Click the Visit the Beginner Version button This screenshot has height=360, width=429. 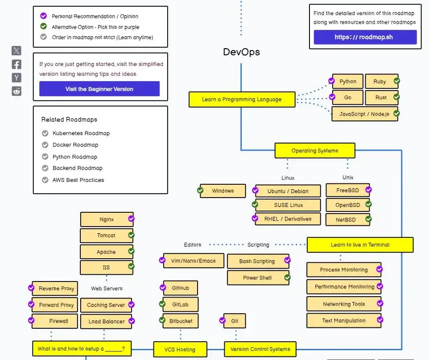coord(99,89)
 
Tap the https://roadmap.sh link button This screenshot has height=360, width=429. coord(365,37)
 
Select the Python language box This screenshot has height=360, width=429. coord(348,82)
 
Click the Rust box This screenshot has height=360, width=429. coord(381,97)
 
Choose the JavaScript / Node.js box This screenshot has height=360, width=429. coord(364,114)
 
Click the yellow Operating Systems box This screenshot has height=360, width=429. coord(314,151)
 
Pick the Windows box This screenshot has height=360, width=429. coord(223,191)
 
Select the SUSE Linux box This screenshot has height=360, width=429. coord(288,205)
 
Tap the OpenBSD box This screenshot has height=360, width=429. coord(348,205)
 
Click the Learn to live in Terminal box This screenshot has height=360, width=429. coord(360,245)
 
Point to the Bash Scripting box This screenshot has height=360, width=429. coord(257,261)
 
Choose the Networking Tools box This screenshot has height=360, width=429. coord(343,304)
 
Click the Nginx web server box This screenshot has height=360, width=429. coord(107,219)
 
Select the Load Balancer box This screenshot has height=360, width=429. coord(106,322)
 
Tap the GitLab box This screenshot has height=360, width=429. coord(180,304)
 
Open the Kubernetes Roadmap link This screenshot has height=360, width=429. coord(81,133)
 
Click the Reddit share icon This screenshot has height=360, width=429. coord(16,91)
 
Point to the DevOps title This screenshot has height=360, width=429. coord(241,52)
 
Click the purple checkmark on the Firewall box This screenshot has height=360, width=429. coord(31,321)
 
